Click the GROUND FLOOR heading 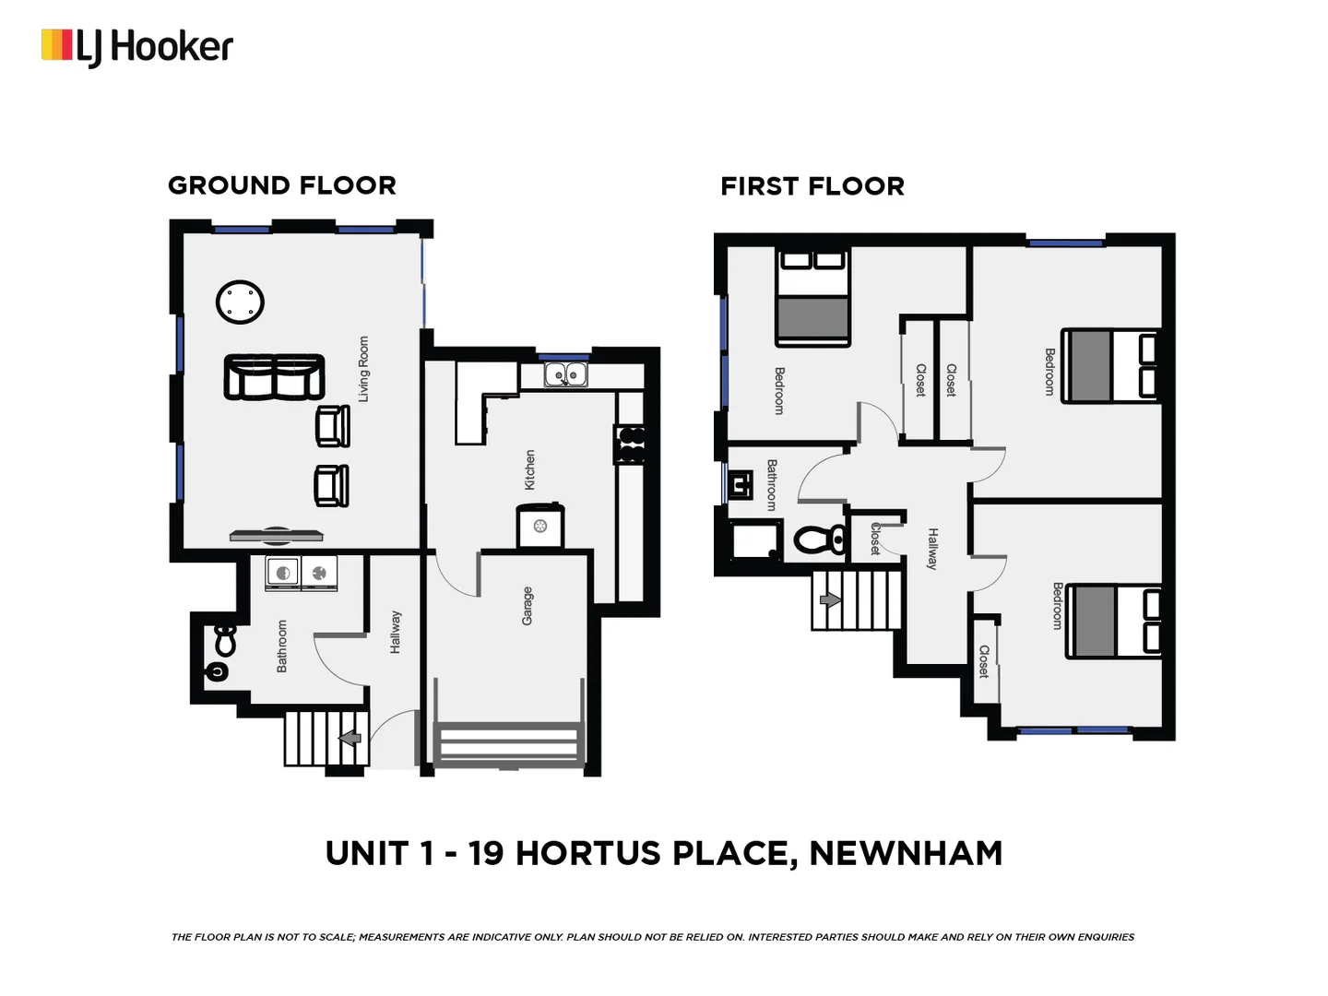coord(281,185)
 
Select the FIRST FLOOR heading coord(812,186)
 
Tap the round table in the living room coord(240,302)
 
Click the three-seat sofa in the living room coord(274,377)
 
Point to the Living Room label coord(363,369)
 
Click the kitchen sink coord(564,374)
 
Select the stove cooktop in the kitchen coord(631,444)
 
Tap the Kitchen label coord(529,469)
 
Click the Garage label coord(528,606)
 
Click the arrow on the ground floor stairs coord(350,738)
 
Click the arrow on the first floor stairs coord(830,600)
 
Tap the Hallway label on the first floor coord(932,549)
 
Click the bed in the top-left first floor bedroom coord(812,298)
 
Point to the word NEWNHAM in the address coord(905,853)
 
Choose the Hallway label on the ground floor coord(395,632)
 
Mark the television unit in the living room coord(276,534)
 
